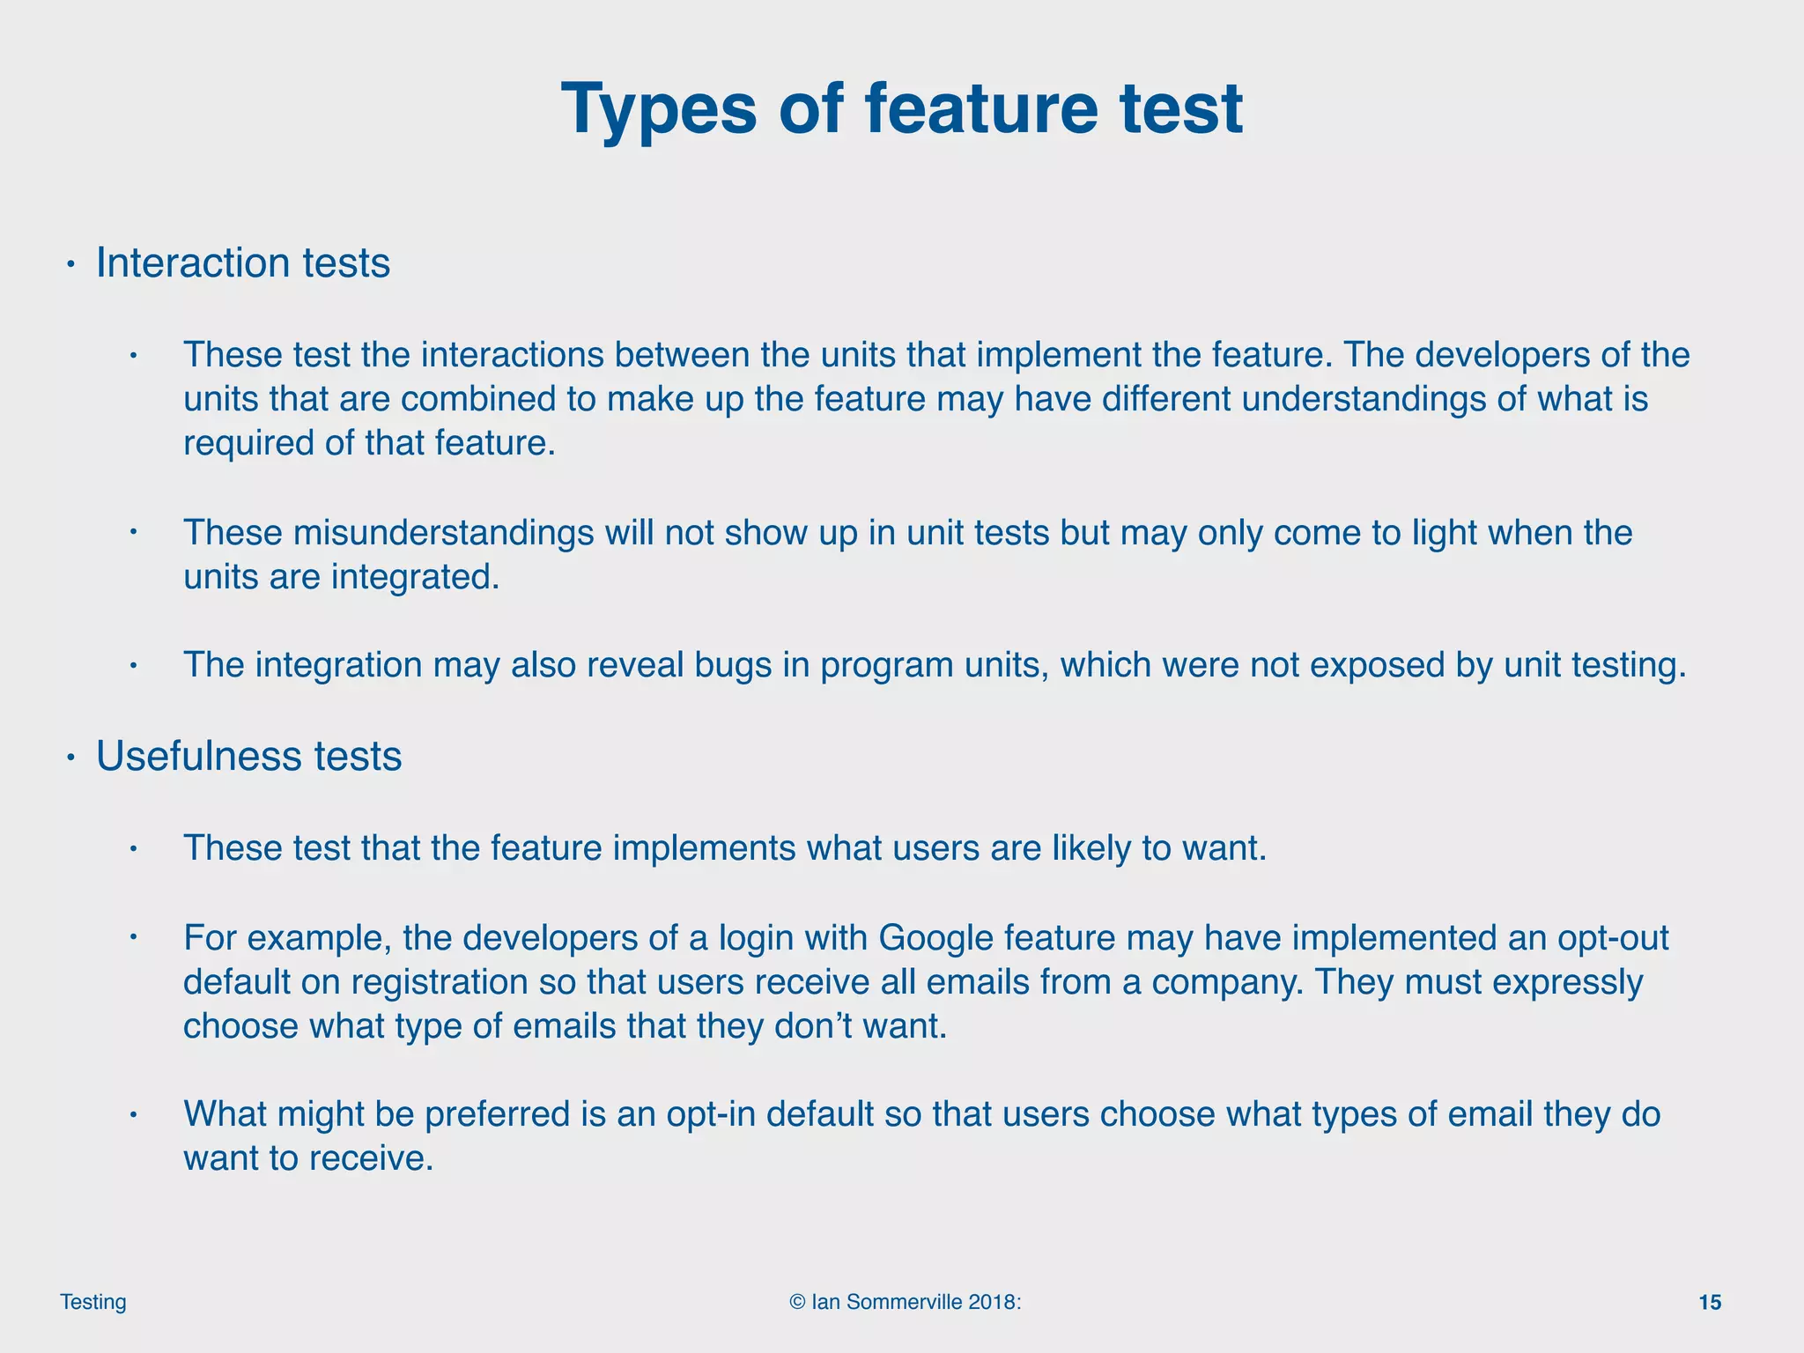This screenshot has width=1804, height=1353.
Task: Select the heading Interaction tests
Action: tap(242, 262)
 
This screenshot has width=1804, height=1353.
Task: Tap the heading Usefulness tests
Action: tap(248, 756)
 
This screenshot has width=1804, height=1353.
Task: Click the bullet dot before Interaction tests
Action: tap(72, 264)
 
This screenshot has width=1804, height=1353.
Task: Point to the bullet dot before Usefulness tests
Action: tap(72, 758)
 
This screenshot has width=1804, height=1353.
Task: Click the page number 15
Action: tap(1709, 1303)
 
